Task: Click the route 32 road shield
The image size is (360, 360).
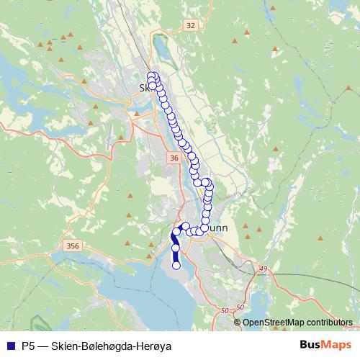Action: click(x=191, y=25)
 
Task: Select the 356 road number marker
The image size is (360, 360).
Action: click(x=73, y=246)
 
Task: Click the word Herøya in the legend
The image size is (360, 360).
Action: click(x=153, y=346)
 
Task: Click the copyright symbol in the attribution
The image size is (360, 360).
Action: click(x=239, y=323)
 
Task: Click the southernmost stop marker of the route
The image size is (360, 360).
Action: click(x=176, y=266)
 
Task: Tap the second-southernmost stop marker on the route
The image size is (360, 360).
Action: click(x=176, y=248)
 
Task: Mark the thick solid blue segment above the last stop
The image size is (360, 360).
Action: click(x=176, y=257)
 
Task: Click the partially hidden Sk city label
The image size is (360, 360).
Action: click(x=142, y=88)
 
